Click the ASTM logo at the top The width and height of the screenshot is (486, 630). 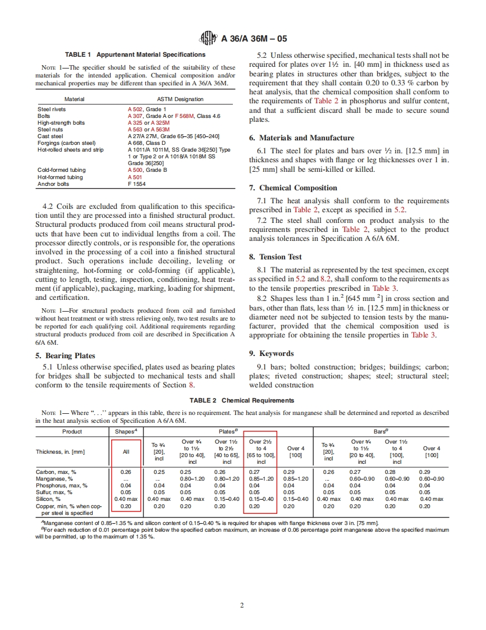(208, 39)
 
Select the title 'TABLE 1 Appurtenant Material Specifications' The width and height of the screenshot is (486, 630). (135, 54)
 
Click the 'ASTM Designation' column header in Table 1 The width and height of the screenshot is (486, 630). (180, 99)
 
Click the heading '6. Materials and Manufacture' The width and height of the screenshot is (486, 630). (301, 138)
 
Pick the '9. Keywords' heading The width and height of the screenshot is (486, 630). (271, 353)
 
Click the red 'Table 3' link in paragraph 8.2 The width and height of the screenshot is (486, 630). (424, 335)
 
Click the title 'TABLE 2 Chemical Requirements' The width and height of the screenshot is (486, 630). (242, 400)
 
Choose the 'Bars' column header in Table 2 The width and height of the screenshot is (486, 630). (380, 431)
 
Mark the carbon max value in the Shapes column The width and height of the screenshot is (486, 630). (126, 472)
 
